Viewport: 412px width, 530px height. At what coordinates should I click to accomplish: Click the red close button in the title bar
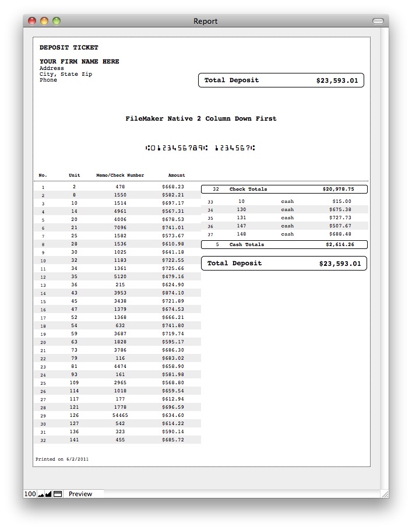32,21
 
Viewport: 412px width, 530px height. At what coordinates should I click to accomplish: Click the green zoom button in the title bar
57,21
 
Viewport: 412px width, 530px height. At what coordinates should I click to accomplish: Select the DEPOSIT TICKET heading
69,47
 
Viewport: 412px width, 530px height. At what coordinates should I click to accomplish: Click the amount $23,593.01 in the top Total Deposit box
337,80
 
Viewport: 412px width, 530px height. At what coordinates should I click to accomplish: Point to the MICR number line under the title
200,148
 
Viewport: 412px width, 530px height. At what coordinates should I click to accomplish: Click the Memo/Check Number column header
120,175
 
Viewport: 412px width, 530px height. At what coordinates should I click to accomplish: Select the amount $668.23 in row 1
173,187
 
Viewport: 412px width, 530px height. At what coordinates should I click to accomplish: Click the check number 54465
120,415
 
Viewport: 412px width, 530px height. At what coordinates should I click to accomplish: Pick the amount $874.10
173,293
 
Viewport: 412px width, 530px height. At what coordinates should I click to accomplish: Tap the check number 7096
120,227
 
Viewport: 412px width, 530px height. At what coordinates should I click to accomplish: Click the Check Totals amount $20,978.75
338,189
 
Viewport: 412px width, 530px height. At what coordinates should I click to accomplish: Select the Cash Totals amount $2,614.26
339,244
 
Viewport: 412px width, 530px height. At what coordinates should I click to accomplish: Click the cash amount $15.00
342,201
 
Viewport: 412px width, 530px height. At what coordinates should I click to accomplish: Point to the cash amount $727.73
340,217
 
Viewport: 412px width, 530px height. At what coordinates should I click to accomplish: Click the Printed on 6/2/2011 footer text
62,459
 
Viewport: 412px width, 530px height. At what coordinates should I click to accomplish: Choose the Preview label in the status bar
80,494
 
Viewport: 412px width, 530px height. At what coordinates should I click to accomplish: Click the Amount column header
177,175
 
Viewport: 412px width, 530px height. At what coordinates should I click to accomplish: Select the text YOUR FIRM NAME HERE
79,61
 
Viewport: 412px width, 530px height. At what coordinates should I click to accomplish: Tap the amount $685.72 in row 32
173,440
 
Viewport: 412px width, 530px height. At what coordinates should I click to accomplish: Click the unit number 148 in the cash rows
241,234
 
